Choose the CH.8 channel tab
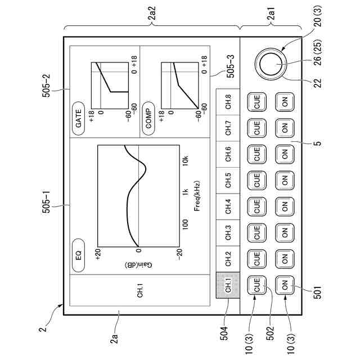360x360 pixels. pos(228,102)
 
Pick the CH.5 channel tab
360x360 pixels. pos(228,181)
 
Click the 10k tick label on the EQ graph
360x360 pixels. pos(185,159)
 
